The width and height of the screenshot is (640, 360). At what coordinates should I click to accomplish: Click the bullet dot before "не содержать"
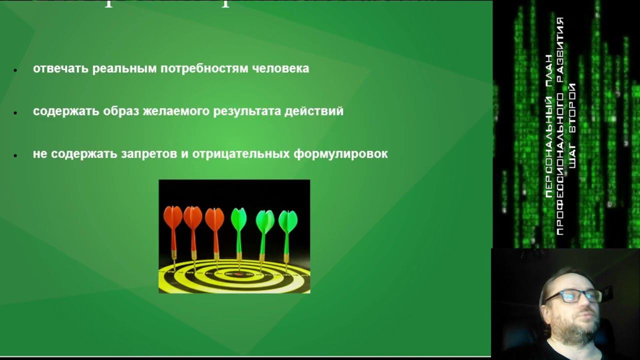coord(15,155)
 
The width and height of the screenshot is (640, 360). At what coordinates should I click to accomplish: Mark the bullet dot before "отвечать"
coord(15,70)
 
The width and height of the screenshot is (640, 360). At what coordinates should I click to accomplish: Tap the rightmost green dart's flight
coord(287,221)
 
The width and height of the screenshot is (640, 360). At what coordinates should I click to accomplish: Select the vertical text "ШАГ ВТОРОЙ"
coord(572,125)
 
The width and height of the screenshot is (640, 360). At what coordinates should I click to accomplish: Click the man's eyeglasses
coord(572,296)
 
